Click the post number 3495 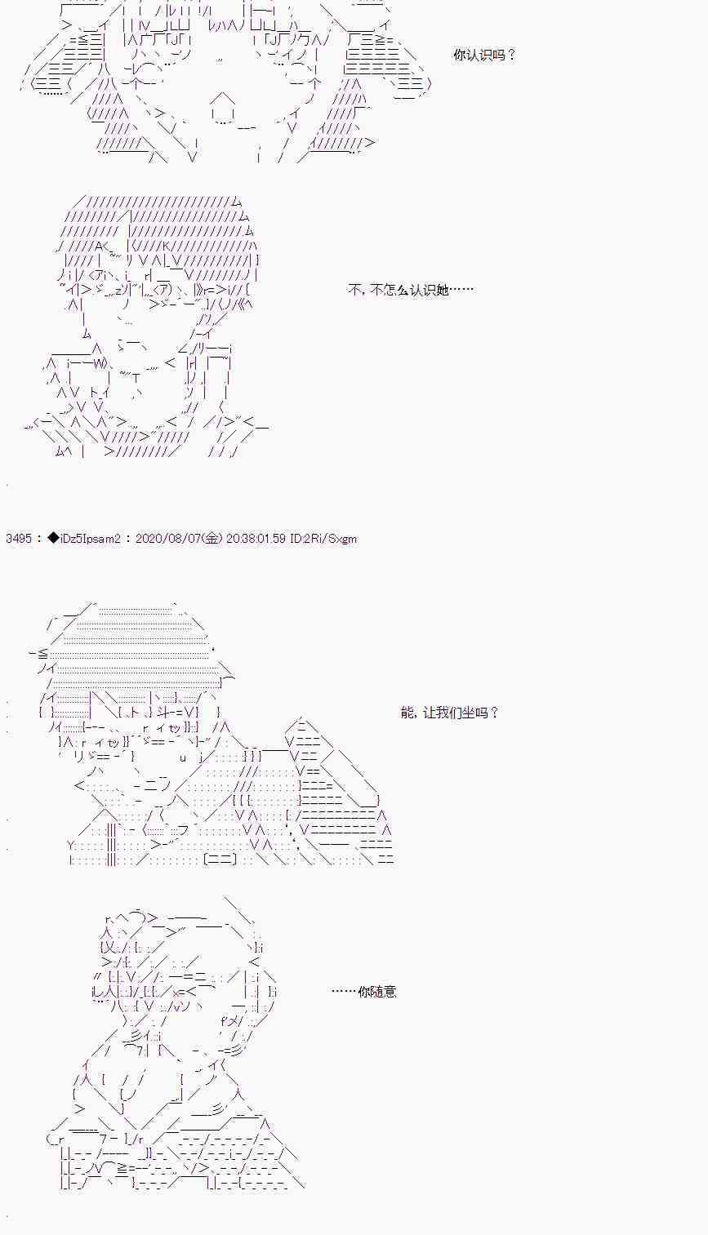(x=17, y=539)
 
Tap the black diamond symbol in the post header (x=53, y=539)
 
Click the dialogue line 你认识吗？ (x=484, y=56)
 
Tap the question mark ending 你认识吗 (x=511, y=56)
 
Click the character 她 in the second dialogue (x=442, y=290)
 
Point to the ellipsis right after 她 (x=461, y=290)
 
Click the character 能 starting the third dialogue (x=407, y=713)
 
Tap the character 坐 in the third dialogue (x=466, y=713)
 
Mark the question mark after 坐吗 (x=492, y=713)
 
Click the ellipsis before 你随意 (x=344, y=992)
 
